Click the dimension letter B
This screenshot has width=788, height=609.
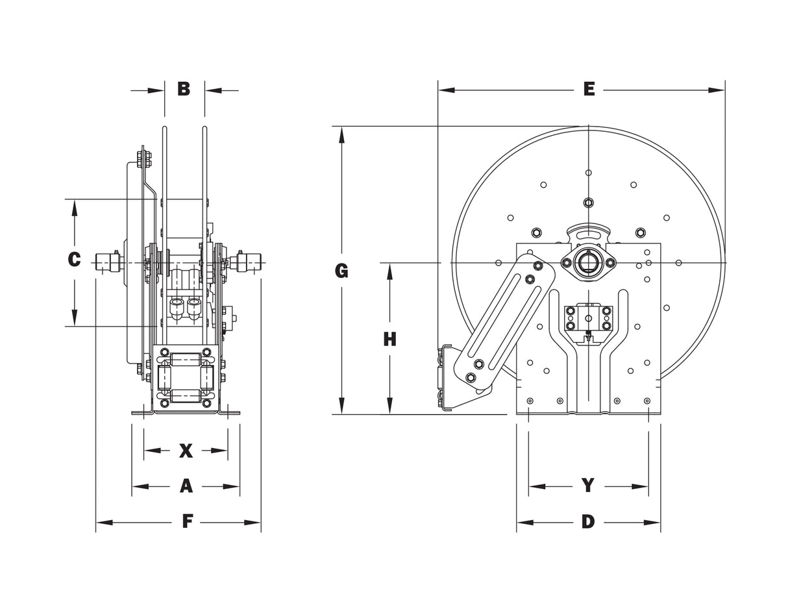click(x=184, y=89)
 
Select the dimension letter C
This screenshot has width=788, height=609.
click(x=74, y=260)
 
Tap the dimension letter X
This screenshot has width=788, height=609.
click(x=186, y=451)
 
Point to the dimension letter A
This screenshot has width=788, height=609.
click(x=186, y=486)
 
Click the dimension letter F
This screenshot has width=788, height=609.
click(x=188, y=521)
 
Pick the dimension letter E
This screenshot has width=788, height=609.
click(x=589, y=90)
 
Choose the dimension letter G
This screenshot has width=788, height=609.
click(x=341, y=271)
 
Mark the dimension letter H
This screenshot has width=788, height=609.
click(x=389, y=339)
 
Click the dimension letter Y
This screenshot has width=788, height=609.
click(x=588, y=486)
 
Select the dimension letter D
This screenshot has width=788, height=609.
click(x=588, y=521)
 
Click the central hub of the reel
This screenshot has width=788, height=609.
click(x=588, y=262)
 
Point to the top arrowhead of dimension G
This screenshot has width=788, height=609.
click(x=341, y=133)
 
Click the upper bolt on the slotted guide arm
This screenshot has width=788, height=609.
click(x=538, y=266)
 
